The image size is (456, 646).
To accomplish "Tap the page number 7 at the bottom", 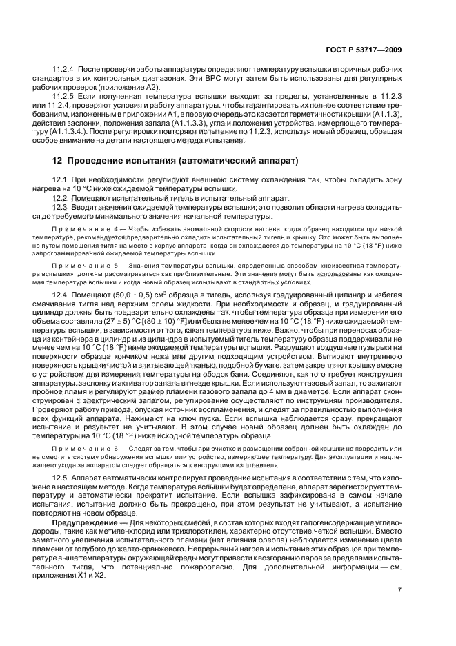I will coord(399,609).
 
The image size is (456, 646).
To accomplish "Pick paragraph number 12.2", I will coord(61,197).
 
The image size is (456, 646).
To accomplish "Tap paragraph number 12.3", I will coord(61,206).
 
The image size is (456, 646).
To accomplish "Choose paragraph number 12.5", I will coord(61,477).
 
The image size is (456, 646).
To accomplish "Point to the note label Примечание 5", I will coord(82,265).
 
